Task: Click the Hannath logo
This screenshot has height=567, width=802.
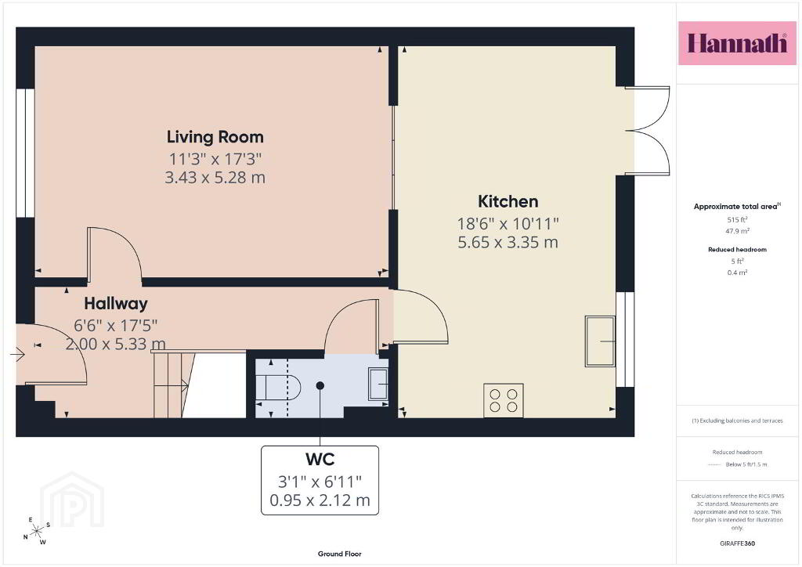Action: click(x=737, y=43)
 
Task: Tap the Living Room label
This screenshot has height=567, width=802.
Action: click(x=215, y=137)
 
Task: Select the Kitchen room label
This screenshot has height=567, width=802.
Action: click(x=508, y=201)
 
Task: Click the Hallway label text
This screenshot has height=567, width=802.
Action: click(x=116, y=304)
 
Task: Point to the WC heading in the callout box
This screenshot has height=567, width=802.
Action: click(x=320, y=459)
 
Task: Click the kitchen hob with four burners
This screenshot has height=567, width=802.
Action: click(x=504, y=400)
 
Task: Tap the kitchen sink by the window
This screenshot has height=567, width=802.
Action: click(x=600, y=341)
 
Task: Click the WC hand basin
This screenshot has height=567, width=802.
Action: click(x=378, y=384)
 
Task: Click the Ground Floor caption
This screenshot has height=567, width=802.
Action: click(x=340, y=554)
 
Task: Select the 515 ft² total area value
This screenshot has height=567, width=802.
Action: click(x=737, y=220)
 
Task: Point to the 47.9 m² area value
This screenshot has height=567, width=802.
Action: click(x=737, y=231)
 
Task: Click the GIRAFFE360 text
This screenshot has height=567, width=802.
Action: click(x=737, y=544)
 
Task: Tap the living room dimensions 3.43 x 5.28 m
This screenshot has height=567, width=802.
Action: click(x=215, y=178)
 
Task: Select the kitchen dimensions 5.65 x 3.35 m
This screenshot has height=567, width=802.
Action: click(x=508, y=242)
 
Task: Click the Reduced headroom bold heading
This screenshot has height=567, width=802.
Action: click(x=737, y=250)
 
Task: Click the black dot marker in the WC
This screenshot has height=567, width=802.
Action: click(x=320, y=385)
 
